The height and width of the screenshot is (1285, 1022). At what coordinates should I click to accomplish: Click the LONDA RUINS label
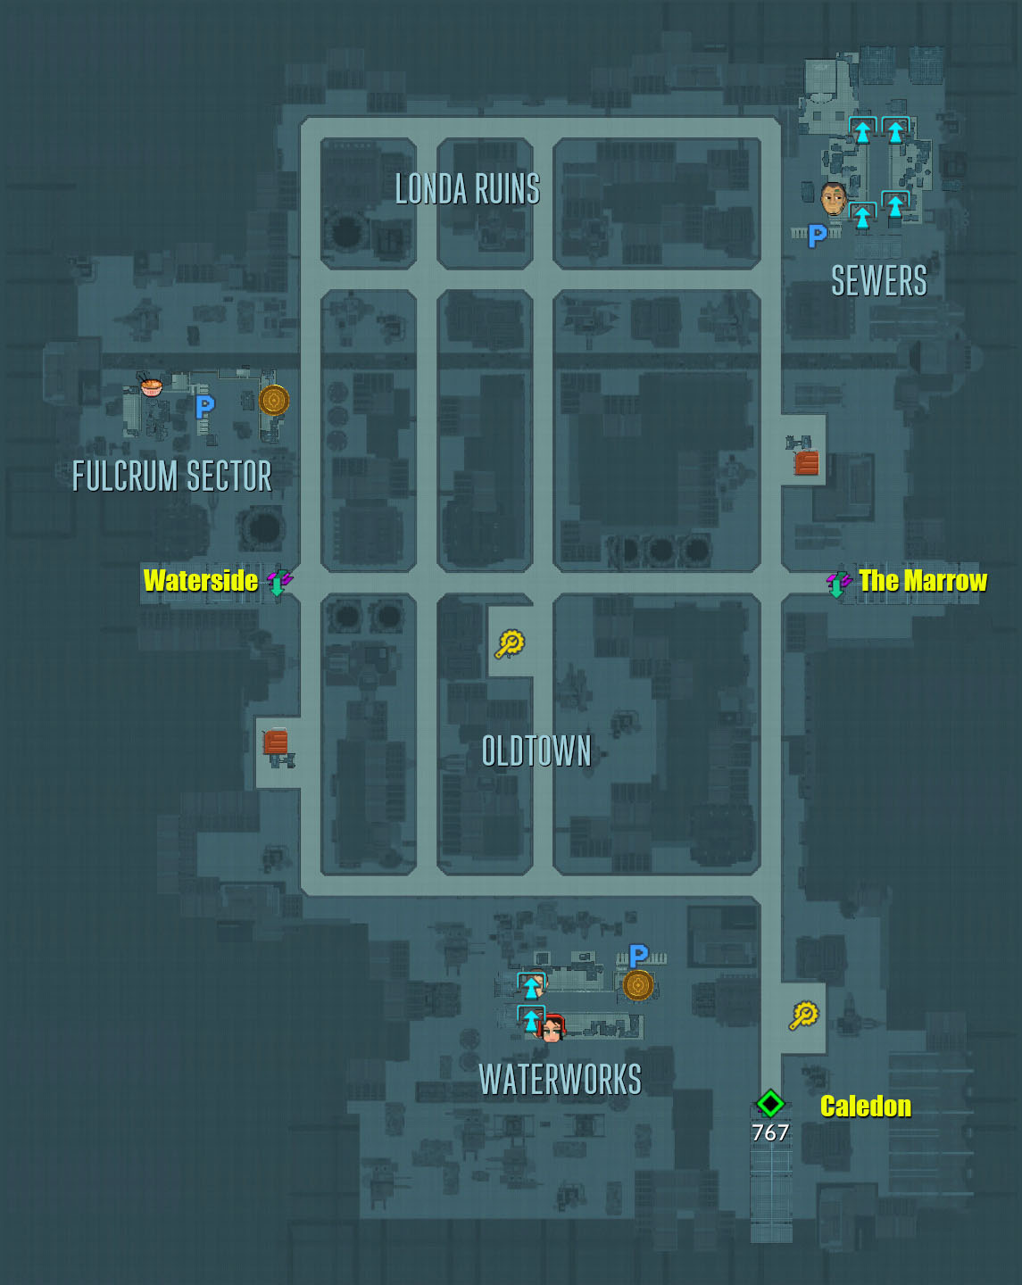(x=467, y=189)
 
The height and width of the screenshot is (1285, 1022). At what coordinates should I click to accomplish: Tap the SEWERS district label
(x=878, y=281)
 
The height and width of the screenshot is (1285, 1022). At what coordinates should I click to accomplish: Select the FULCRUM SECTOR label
(x=171, y=476)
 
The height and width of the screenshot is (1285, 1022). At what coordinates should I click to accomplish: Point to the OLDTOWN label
(x=536, y=751)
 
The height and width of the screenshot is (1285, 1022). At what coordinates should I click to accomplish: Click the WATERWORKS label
(x=560, y=1080)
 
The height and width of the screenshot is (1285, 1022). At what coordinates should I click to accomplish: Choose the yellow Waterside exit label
(x=201, y=581)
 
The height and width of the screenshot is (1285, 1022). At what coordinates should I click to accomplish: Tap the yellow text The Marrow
(x=923, y=581)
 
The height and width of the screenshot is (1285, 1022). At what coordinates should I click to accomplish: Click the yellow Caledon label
(x=866, y=1107)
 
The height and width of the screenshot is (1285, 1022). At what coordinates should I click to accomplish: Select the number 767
(x=769, y=1132)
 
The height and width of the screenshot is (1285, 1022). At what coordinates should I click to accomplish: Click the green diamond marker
(x=770, y=1104)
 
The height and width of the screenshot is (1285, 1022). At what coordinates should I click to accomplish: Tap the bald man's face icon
(x=833, y=199)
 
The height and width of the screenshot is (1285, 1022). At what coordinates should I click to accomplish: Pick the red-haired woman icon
(x=553, y=1029)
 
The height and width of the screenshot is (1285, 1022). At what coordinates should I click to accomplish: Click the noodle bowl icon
(x=151, y=385)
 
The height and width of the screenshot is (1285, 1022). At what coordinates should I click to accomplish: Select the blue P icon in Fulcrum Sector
(x=204, y=407)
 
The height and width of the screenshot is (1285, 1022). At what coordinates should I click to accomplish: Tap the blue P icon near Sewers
(x=817, y=236)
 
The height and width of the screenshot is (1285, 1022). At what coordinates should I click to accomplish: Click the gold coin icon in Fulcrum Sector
(x=274, y=400)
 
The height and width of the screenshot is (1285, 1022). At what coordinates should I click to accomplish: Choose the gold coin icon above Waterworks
(x=637, y=985)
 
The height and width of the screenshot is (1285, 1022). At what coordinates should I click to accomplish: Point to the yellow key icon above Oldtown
(x=510, y=643)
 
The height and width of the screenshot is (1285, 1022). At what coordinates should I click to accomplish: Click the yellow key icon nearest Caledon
(x=803, y=1016)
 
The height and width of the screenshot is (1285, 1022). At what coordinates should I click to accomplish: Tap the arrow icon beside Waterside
(x=279, y=582)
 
